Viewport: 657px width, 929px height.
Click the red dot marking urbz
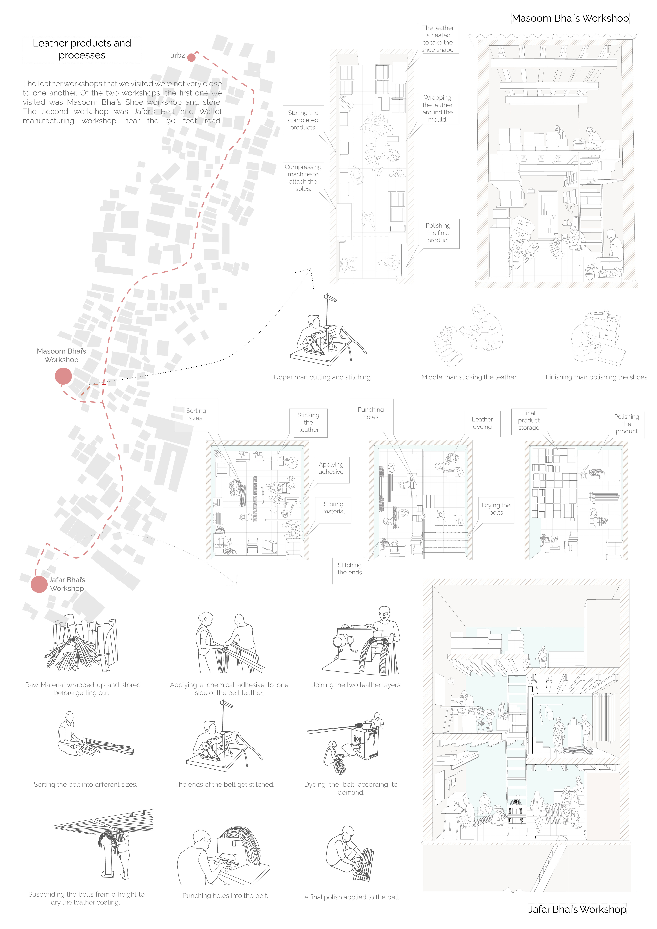point(191,57)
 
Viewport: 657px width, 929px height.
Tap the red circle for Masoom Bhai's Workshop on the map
point(64,376)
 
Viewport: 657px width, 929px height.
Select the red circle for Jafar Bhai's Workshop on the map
point(39,584)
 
